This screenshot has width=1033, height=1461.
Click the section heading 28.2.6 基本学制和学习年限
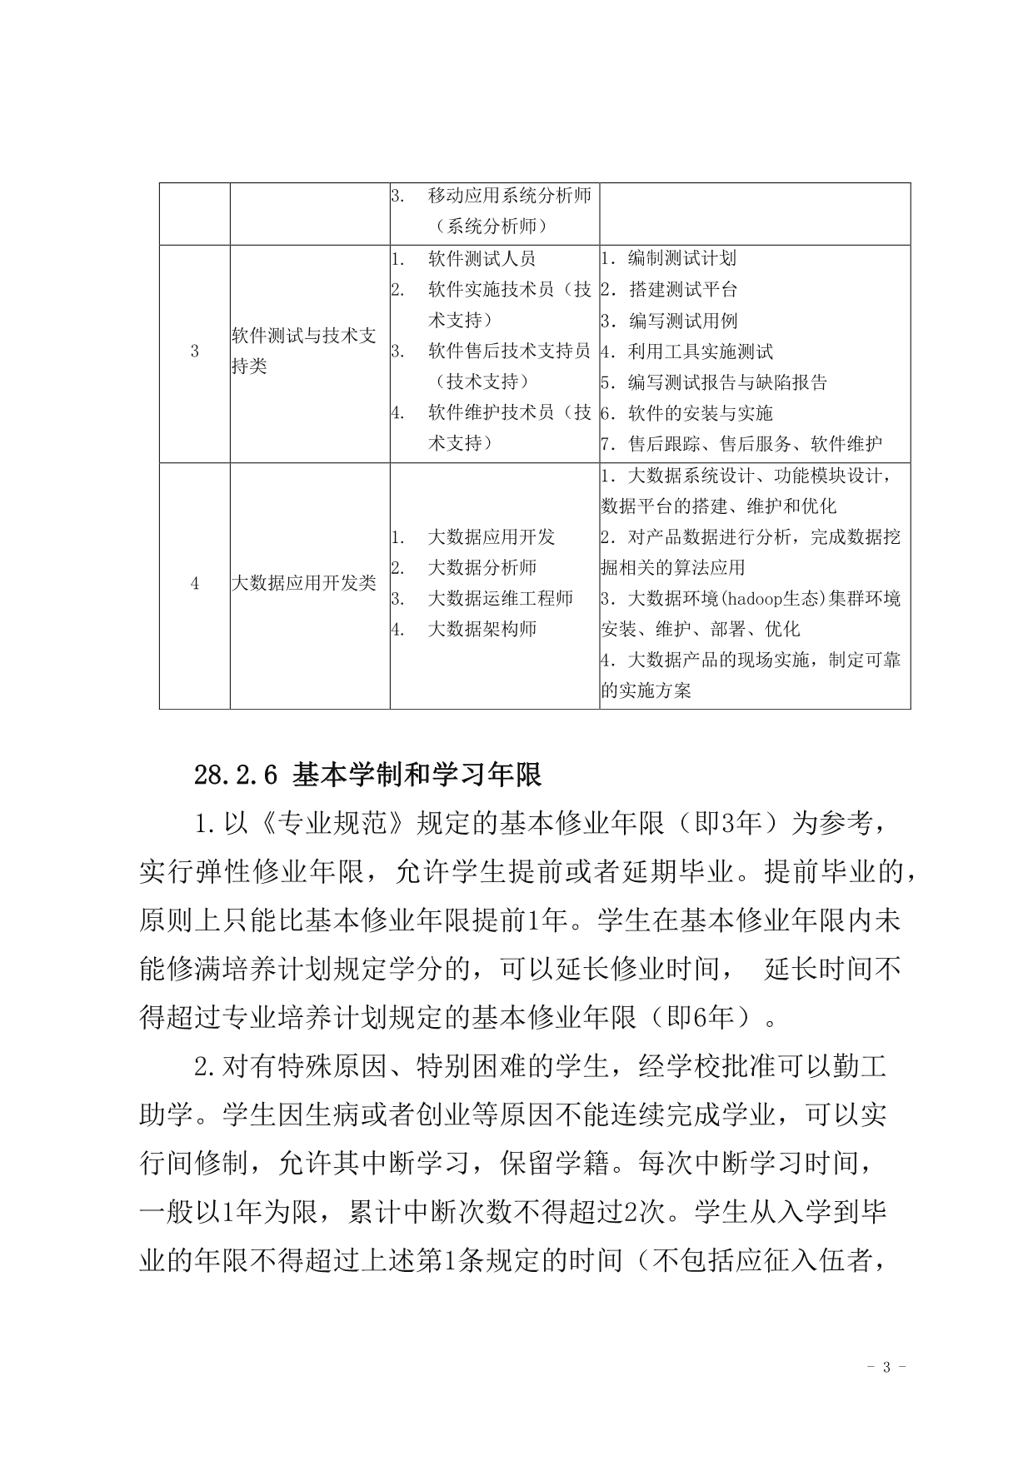tap(367, 775)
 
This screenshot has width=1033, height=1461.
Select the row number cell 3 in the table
tap(195, 352)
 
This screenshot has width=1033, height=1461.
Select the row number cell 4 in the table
tap(195, 584)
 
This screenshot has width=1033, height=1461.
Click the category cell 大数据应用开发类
tap(303, 584)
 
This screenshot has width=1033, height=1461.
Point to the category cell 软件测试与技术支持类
tap(303, 351)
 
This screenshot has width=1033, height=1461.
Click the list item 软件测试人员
tap(482, 259)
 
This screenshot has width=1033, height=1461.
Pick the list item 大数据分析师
tap(482, 568)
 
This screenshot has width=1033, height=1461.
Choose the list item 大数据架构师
tap(482, 630)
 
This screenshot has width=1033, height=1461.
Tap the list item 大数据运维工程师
tap(500, 599)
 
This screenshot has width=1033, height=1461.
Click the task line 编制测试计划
tap(681, 259)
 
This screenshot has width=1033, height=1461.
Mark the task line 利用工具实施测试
tap(700, 352)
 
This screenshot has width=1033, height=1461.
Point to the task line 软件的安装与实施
tap(700, 413)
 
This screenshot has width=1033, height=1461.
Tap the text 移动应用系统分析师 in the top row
tap(509, 196)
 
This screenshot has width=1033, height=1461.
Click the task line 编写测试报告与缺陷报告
tap(726, 382)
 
